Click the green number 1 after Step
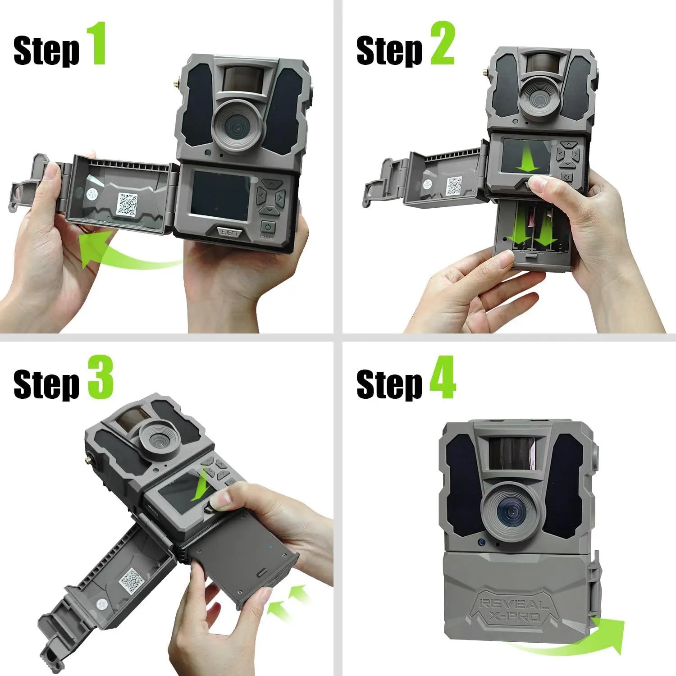pos(96,44)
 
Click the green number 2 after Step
pos(442,44)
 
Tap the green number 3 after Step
pos(100,377)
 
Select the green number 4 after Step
pos(442,377)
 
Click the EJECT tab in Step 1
pos(229,233)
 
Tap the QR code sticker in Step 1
pos(128,204)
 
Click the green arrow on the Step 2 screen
pos(527,160)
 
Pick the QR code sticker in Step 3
pos(132,580)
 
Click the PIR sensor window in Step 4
pos(512,453)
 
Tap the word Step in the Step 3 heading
pos(46,384)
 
